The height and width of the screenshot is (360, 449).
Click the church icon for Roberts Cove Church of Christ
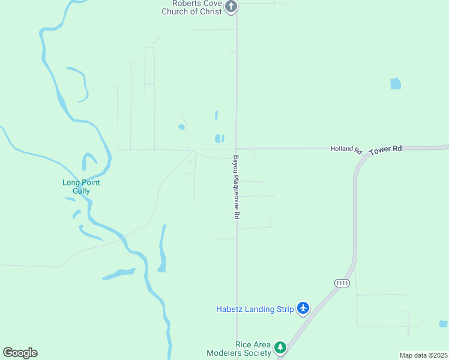[x=231, y=7]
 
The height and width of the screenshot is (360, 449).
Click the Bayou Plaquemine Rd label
[x=237, y=187]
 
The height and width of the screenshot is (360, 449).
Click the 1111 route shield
[x=342, y=283]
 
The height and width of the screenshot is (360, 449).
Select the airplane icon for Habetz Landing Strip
[x=303, y=308]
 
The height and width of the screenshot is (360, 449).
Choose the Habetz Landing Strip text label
[x=255, y=309]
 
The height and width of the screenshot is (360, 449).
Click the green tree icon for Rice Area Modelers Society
[x=280, y=347]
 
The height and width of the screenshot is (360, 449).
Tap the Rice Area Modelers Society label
[x=239, y=349]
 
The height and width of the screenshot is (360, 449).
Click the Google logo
[x=20, y=353]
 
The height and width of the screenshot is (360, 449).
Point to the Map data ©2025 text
[x=423, y=355]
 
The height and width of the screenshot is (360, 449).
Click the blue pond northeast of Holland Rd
[x=395, y=84]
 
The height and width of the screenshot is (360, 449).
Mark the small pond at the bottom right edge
[x=443, y=323]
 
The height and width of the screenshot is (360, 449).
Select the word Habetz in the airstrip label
[x=229, y=309]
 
